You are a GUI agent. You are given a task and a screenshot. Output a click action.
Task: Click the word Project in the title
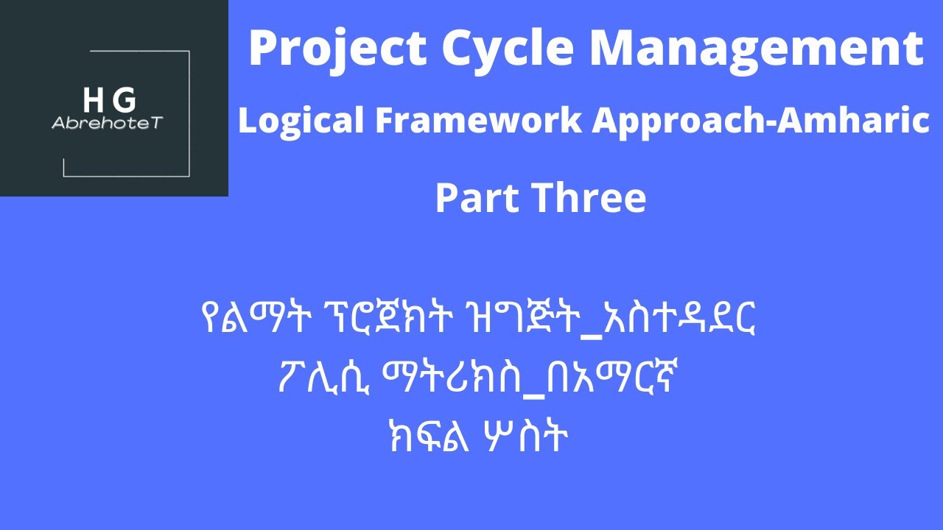click(x=337, y=49)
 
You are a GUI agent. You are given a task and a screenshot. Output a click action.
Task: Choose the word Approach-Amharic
click(x=759, y=121)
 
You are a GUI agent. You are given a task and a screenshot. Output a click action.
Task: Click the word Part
click(x=474, y=198)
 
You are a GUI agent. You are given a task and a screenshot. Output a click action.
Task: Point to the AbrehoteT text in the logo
click(x=106, y=123)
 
